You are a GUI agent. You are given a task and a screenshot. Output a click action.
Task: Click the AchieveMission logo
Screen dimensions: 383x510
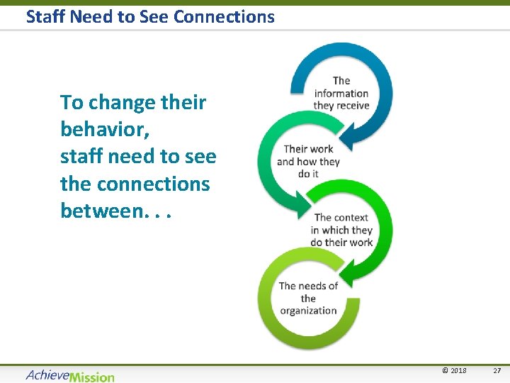tap(69, 375)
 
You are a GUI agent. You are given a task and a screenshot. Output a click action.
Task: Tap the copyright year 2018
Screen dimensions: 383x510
tap(458, 371)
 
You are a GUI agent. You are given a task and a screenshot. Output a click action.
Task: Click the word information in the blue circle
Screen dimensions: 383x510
tap(341, 93)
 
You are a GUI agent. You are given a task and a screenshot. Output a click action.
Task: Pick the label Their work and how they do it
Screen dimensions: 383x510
tap(308, 161)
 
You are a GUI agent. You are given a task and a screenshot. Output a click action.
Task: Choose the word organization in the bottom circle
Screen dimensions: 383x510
tap(308, 310)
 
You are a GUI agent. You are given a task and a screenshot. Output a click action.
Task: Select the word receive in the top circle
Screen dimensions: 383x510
tap(352, 105)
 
